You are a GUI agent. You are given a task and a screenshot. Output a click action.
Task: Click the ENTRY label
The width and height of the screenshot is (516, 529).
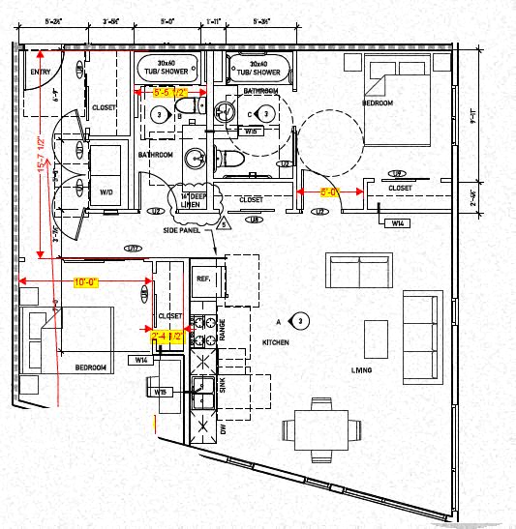click(40, 72)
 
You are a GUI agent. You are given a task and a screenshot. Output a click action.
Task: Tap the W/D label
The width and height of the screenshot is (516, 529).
click(106, 192)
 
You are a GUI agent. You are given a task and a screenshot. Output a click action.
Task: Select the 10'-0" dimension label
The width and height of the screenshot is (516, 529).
click(83, 282)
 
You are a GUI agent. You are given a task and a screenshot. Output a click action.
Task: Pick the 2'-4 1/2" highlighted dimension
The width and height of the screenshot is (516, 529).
click(167, 337)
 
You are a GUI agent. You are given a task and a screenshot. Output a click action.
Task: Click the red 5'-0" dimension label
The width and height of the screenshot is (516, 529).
click(329, 192)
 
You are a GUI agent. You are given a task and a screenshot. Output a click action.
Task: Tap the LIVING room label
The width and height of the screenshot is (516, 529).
click(363, 370)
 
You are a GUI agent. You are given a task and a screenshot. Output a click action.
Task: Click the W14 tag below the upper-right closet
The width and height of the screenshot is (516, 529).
click(398, 223)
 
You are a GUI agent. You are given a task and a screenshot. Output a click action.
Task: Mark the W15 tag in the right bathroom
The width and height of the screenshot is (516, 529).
click(251, 131)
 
